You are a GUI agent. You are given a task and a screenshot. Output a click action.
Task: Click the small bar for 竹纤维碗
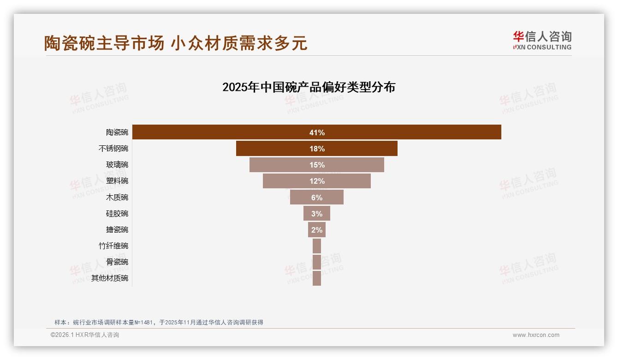click(x=316, y=246)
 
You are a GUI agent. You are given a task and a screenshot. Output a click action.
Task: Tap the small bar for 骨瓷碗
click(x=316, y=262)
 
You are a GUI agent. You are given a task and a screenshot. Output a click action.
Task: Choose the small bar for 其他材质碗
click(x=316, y=278)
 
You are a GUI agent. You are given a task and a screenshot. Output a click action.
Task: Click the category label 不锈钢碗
click(x=113, y=149)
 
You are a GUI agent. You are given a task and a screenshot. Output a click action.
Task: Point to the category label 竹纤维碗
click(x=113, y=246)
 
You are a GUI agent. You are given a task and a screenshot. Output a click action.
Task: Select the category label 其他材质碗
click(x=110, y=278)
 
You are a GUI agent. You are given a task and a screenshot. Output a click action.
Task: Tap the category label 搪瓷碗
click(x=117, y=229)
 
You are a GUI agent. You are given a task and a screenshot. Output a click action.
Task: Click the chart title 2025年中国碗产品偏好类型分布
click(x=309, y=87)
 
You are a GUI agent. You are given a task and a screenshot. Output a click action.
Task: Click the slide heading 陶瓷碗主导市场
click(x=104, y=43)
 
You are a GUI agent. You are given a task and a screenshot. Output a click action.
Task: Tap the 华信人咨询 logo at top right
click(x=542, y=40)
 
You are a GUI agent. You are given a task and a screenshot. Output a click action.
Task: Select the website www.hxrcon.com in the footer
click(x=535, y=335)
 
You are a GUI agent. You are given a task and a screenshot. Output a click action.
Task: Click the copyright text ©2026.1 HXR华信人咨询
click(x=85, y=335)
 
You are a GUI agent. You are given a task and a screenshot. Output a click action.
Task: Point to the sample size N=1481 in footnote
click(x=143, y=323)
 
